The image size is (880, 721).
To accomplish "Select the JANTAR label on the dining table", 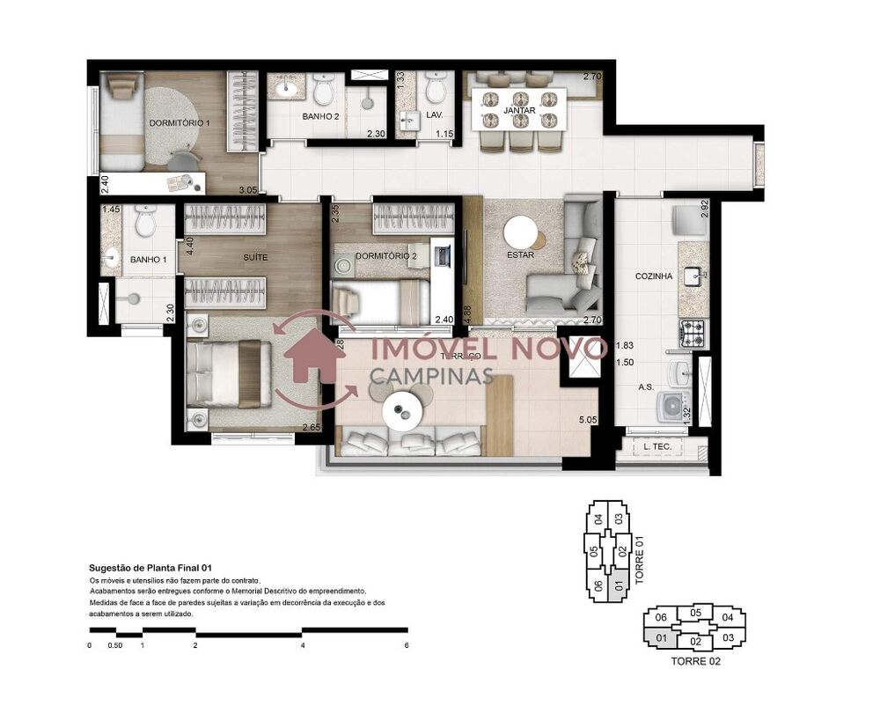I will (519, 110).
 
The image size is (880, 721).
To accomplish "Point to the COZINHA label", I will (654, 276).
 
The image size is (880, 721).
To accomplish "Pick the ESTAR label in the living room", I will (521, 256).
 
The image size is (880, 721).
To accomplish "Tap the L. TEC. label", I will (657, 447).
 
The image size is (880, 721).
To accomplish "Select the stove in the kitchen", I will (691, 333).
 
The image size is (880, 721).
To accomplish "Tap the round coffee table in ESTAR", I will (520, 232).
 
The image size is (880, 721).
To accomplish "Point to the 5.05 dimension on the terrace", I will (587, 421).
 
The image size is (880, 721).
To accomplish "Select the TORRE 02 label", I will (695, 661).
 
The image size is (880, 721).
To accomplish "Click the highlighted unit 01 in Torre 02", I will (661, 637).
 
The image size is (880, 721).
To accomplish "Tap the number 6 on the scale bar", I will (407, 645).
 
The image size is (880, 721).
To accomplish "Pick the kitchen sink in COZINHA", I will (693, 276).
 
